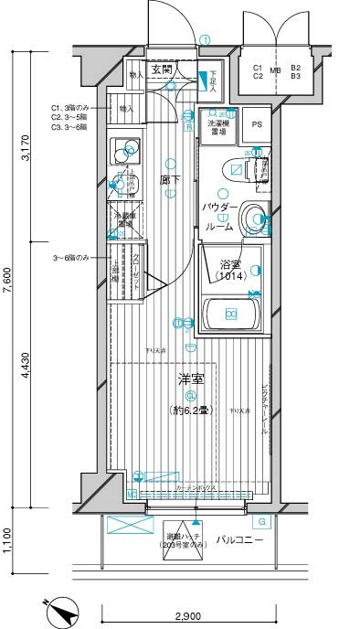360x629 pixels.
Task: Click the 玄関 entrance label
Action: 162,69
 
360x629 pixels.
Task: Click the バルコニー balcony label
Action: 240,540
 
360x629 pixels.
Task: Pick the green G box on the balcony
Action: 262,522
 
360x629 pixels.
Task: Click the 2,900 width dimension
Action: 190,617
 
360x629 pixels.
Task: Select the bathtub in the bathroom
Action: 231,315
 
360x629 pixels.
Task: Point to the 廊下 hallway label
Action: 169,181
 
